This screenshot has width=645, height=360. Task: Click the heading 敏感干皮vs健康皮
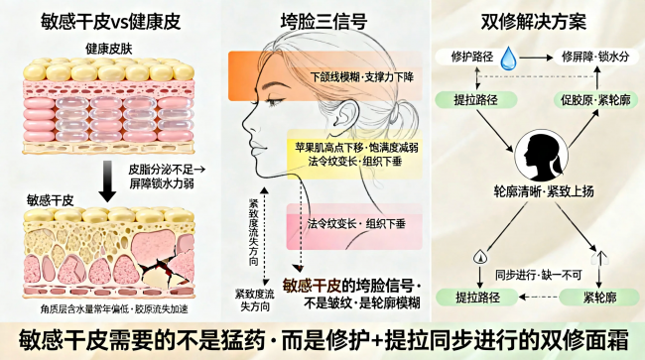111,22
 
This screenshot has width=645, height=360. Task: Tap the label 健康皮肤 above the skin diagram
109,49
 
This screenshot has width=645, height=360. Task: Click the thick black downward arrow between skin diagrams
107,181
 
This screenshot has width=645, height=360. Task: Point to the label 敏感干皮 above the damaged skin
51,200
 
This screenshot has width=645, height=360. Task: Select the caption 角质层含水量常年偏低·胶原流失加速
114,309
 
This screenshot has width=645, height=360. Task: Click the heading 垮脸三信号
323,22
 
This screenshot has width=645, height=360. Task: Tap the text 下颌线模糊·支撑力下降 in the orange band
362,76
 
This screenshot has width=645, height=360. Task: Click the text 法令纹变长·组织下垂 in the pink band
356,224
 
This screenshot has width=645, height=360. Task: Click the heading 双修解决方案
534,22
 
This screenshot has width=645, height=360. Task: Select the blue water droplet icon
508,59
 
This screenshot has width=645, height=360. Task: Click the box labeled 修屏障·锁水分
595,57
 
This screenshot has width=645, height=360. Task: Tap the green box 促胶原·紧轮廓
596,100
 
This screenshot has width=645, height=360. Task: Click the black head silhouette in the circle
542,156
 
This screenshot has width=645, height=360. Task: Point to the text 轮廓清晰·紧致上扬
544,191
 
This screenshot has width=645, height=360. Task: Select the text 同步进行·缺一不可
539,275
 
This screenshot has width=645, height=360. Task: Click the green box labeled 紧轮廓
599,298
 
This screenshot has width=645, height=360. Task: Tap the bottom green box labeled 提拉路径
477,298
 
